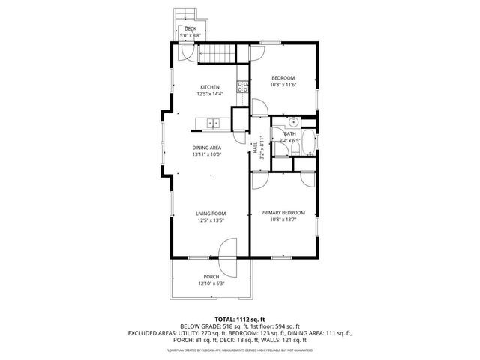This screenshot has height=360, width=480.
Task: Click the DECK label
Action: (190, 28)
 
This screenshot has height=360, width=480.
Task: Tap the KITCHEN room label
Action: (209, 87)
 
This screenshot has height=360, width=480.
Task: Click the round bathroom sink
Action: (293, 124)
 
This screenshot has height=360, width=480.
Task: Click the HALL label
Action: (255, 147)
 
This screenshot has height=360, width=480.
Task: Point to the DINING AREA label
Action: (206, 148)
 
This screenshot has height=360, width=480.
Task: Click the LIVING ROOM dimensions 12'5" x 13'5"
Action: (211, 220)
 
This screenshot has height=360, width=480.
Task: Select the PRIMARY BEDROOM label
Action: (283, 213)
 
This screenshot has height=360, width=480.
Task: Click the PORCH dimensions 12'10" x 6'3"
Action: (211, 283)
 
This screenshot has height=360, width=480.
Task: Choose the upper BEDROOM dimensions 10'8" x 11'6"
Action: (283, 85)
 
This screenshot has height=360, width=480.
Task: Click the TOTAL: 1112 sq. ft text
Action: (239, 319)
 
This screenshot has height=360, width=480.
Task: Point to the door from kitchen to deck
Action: (187, 52)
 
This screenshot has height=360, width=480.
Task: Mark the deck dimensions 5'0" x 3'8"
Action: (190, 34)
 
